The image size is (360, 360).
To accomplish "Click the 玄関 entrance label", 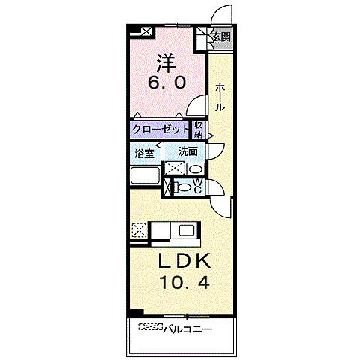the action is coord(221,37).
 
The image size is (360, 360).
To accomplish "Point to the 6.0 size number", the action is coord(166,82).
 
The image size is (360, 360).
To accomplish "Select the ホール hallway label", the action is coord(220,97).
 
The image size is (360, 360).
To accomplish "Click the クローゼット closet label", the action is coord(160,130).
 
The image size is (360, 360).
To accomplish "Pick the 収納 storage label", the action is coord(198,130).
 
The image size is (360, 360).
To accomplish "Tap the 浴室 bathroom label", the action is coord(144,154).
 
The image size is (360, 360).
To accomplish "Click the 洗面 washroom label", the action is coord(187,151).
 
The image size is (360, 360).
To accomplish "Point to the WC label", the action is coord(197,186).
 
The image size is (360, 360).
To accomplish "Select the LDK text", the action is coord(184,261).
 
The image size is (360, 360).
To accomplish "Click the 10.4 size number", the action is coord(184,283).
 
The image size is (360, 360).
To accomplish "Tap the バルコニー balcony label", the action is coord(187,329).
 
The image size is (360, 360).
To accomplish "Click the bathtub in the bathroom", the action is coord(145,175).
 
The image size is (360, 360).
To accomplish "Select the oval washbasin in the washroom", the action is coord(196,169).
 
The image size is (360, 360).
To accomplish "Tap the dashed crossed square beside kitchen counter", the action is coord(139,230).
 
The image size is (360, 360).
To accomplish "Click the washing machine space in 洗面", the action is coord(175,169).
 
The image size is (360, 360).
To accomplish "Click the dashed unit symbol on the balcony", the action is coord(151,326).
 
